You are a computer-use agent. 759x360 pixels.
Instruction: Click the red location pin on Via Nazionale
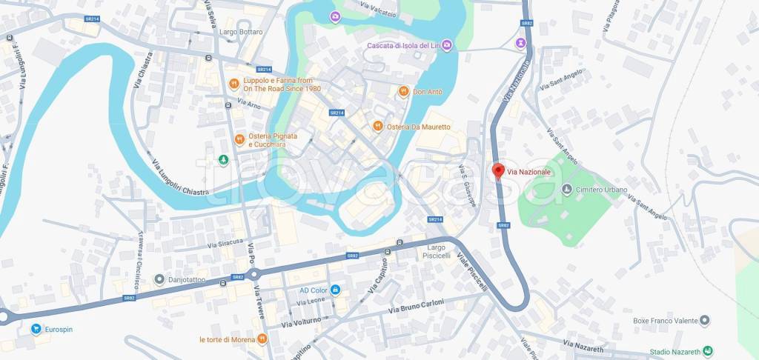coord(498,170)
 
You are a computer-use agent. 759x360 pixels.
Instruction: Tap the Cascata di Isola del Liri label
coord(402,46)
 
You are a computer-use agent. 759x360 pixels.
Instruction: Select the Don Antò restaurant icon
coord(403,92)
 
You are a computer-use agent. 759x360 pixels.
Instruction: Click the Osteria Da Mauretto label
coord(422,127)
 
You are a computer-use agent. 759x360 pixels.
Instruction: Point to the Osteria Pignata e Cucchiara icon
coord(239,139)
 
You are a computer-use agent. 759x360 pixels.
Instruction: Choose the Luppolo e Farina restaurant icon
coord(233,84)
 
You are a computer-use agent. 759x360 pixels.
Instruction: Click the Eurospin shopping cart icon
coord(35,329)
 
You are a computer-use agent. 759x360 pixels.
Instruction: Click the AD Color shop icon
coord(336,290)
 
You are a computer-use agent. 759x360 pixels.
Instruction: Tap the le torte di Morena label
coord(226,339)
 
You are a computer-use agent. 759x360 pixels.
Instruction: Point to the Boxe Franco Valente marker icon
coord(704,321)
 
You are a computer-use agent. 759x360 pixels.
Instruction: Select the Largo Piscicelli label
coord(437,252)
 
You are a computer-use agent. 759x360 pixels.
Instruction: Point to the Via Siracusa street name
coord(225,243)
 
